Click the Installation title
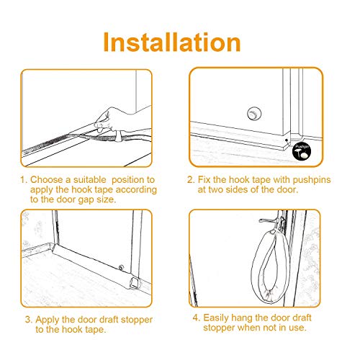[x=172, y=42]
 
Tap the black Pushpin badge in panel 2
[x=302, y=151]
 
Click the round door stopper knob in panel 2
[x=254, y=114]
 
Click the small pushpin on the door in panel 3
[x=121, y=267]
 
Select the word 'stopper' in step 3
[x=137, y=320]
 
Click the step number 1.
[x=24, y=180]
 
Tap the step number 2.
[x=191, y=180]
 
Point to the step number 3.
[x=29, y=320]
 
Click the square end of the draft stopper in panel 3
[x=135, y=282]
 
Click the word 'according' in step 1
[x=136, y=190]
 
